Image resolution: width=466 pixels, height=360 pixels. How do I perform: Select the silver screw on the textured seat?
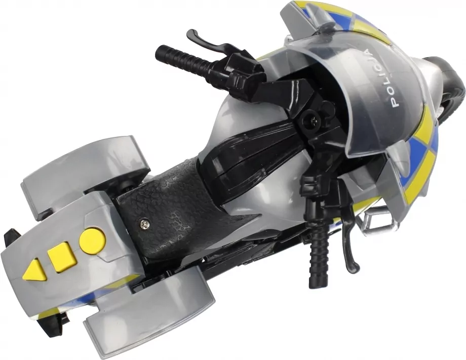coord(144,222)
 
